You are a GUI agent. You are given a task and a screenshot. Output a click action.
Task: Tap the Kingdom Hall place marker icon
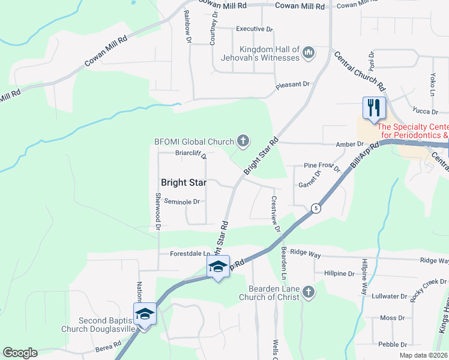pyautogui.click(x=309, y=53)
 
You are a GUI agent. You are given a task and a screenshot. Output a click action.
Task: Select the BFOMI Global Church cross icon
pyautogui.click(x=243, y=142)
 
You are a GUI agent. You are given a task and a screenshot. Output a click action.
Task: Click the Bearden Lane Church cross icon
pyautogui.click(x=308, y=292)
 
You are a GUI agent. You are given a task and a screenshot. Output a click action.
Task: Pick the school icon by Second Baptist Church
pyautogui.click(x=145, y=314)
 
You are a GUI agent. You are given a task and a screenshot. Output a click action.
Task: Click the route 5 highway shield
pyautogui.click(x=315, y=208)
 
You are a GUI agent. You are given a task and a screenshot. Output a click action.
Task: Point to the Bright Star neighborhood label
pyautogui.click(x=184, y=182)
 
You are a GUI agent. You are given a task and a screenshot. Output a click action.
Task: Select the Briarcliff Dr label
pyautogui.click(x=191, y=152)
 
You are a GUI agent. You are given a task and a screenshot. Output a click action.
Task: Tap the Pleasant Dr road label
pyautogui.click(x=292, y=85)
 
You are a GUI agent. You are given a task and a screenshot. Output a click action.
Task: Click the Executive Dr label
pyautogui.click(x=254, y=29)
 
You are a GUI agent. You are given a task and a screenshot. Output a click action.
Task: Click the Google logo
pyautogui.click(x=20, y=353)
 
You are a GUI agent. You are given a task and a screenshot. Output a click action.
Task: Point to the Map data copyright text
pyautogui.click(x=423, y=355)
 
